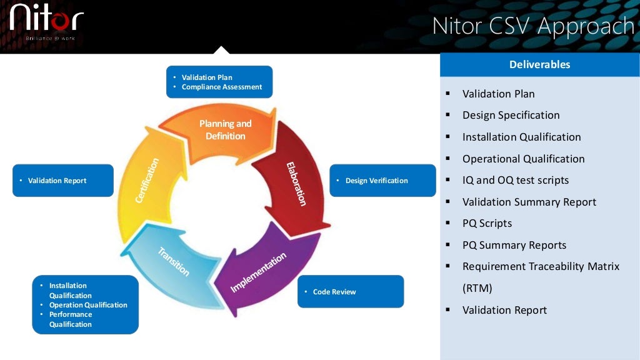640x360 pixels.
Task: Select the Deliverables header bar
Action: pos(539,64)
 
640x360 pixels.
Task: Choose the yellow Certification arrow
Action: pos(147,181)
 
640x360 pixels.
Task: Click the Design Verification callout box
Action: pos(382,181)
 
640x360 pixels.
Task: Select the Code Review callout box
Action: pos(350,292)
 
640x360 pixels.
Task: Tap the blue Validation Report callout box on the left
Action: pos(62,181)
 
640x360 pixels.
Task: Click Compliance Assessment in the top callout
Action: pos(221,87)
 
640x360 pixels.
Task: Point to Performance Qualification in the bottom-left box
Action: pos(70,319)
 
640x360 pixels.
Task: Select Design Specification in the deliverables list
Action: pos(511,115)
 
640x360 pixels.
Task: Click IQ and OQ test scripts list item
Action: pos(515,180)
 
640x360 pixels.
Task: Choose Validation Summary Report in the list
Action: pos(529,202)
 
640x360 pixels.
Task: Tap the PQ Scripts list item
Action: pos(486,223)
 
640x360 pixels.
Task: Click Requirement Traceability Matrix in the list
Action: pos(541,266)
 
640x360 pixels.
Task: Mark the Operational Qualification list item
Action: pos(523,159)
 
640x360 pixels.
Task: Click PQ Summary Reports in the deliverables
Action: pos(514,245)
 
